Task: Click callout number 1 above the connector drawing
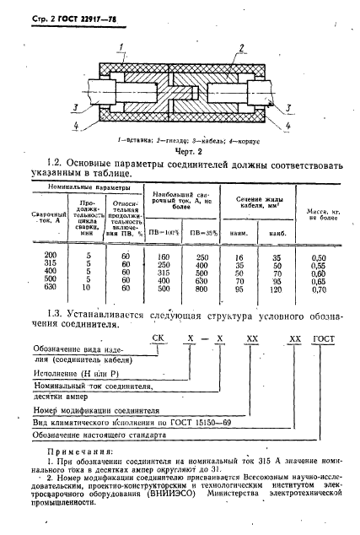pos(124,45)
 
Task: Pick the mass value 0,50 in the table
pos(318,256)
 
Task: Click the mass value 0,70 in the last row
pos(318,289)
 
